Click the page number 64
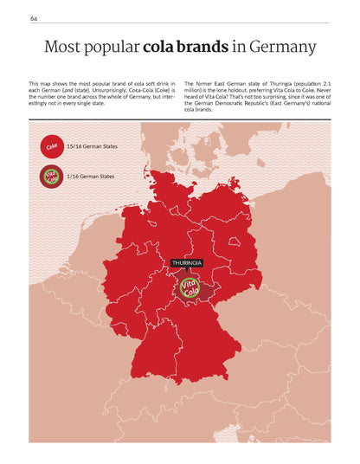coord(33,18)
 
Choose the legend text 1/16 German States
coord(90,176)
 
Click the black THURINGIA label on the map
coord(186,262)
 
